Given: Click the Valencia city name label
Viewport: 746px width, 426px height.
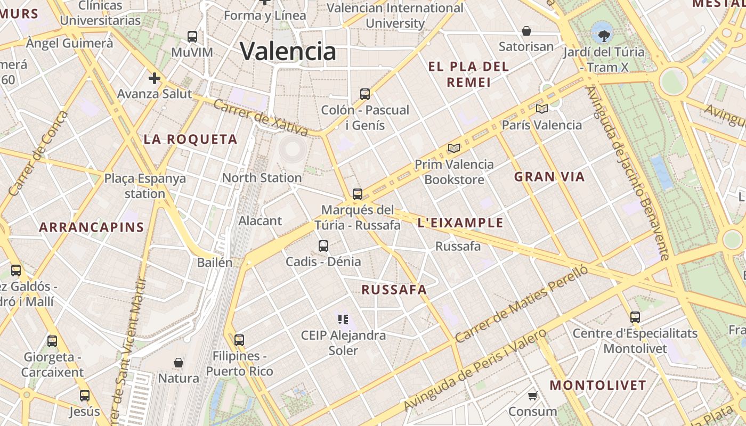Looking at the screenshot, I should pyautogui.click(x=288, y=51).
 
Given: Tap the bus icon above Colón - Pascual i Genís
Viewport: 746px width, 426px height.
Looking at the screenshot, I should pyautogui.click(x=365, y=94).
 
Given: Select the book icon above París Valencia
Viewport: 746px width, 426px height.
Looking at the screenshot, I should pyautogui.click(x=541, y=109).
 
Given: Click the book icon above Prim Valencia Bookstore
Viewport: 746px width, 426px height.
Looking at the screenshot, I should pyautogui.click(x=453, y=148).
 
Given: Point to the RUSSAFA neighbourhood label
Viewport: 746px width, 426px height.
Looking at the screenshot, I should pyautogui.click(x=394, y=290).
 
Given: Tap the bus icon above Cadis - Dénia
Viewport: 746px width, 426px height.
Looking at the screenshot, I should pyautogui.click(x=323, y=246).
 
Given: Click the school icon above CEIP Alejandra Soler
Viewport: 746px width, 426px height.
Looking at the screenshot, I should pyautogui.click(x=343, y=319).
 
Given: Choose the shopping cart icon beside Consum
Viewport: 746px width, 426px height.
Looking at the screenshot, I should pyautogui.click(x=532, y=396).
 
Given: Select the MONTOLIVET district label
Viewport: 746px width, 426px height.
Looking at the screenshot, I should pyautogui.click(x=598, y=385).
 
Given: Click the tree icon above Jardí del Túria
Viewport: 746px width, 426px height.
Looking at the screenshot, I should pyautogui.click(x=604, y=36).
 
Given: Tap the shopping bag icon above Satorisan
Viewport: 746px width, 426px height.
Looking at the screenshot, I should pyautogui.click(x=526, y=31).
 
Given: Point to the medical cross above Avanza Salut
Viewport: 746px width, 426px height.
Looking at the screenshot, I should pyautogui.click(x=155, y=79).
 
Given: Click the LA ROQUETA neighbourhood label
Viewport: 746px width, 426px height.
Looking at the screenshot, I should pyautogui.click(x=190, y=140).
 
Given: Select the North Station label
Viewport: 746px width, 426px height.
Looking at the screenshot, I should pyautogui.click(x=262, y=178).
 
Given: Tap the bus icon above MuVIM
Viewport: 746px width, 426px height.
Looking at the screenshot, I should pyautogui.click(x=192, y=37).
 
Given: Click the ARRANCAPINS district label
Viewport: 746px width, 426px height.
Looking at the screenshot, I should pyautogui.click(x=92, y=227).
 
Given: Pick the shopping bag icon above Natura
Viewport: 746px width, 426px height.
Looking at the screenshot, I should pyautogui.click(x=179, y=363).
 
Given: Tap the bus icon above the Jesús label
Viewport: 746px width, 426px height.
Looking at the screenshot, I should pyautogui.click(x=85, y=396).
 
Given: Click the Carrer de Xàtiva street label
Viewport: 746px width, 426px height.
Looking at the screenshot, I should pyautogui.click(x=261, y=116).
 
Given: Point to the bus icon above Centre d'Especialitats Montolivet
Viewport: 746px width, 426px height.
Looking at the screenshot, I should pyautogui.click(x=635, y=317).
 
